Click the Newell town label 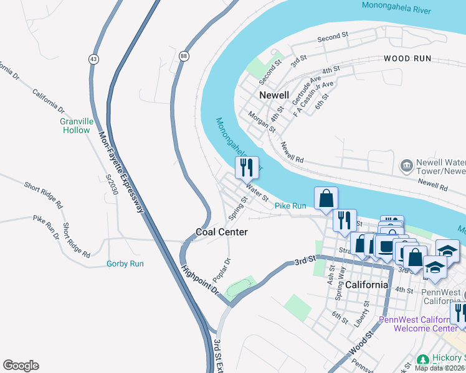pos(273,95)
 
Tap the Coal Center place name pos(222,232)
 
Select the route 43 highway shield pos(93,58)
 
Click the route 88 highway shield pos(184,55)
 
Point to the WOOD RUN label pos(406,58)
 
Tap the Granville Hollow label pos(76,126)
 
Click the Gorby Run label pos(125,264)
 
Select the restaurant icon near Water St pos(247,167)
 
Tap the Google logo pos(21,366)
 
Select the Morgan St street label pos(262,121)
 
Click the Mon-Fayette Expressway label pos(121,171)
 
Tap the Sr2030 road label pos(112,184)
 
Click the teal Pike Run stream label pos(290,205)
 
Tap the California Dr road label pos(49,100)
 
